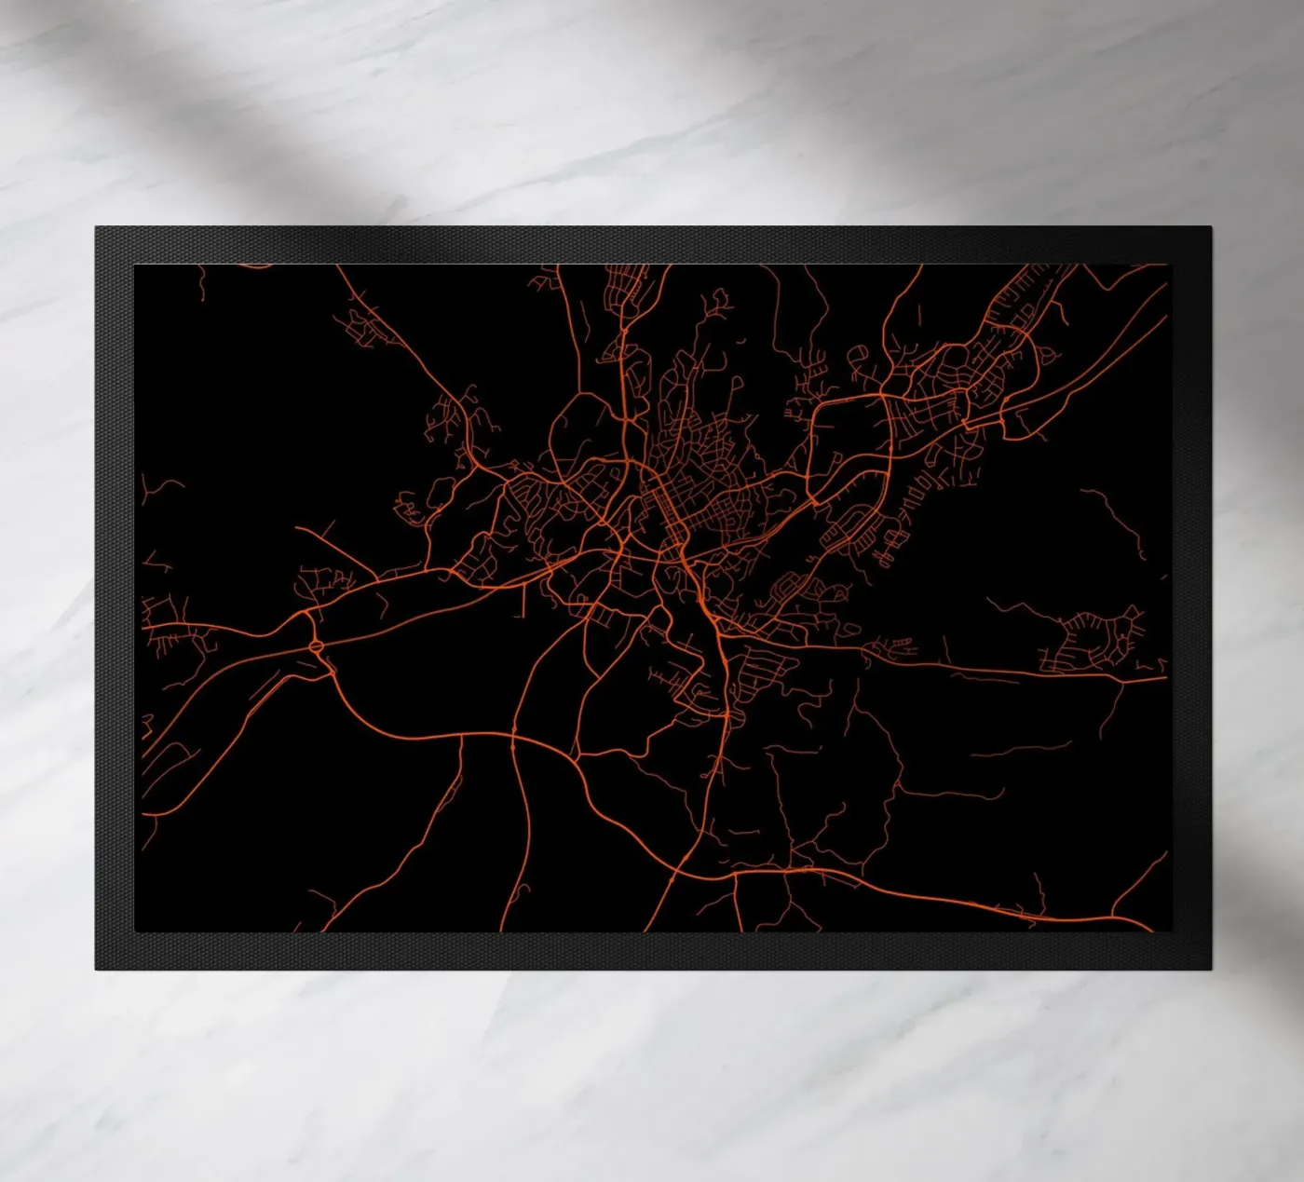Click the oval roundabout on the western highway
pyautogui.click(x=315, y=644)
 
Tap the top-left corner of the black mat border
pyautogui.click(x=96, y=228)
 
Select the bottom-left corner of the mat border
pyautogui.click(x=96, y=968)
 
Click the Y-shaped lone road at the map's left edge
pyautogui.click(x=149, y=488)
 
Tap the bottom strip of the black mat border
pyautogui.click(x=652, y=950)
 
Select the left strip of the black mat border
pyautogui.click(x=115, y=596)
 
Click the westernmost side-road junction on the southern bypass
pyautogui.click(x=463, y=736)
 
